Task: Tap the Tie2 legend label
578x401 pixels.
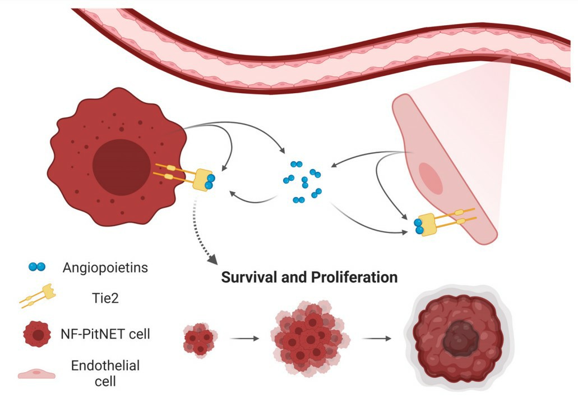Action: click(85, 299)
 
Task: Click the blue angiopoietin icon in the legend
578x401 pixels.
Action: click(36, 267)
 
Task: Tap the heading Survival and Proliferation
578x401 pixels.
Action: click(309, 277)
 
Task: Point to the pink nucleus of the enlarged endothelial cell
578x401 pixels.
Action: click(431, 175)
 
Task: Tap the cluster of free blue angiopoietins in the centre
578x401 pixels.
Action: click(303, 181)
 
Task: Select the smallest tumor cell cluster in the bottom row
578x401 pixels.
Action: click(199, 339)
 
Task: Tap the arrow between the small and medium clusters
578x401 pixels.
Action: click(244, 339)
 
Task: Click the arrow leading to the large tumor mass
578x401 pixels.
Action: click(376, 339)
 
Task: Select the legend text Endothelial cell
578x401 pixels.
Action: click(105, 373)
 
